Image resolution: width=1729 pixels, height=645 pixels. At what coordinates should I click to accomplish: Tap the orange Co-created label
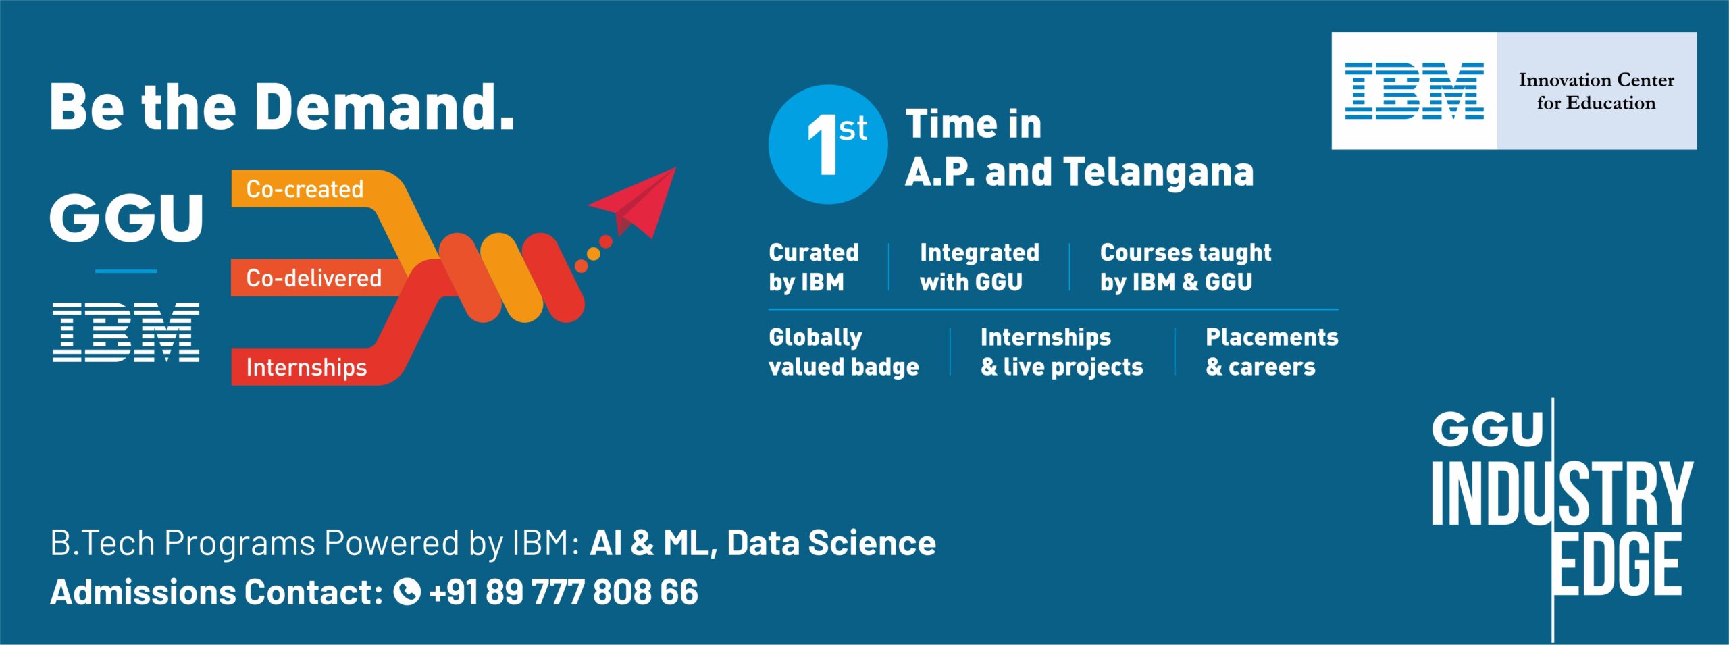tap(305, 189)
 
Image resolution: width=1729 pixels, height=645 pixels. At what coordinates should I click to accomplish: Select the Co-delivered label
tap(313, 278)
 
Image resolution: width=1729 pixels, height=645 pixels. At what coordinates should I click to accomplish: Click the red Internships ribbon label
tap(307, 367)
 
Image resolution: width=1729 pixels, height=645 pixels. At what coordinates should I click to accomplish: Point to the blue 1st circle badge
tap(828, 144)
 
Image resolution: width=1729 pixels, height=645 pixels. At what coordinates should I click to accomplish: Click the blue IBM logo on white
tap(1414, 91)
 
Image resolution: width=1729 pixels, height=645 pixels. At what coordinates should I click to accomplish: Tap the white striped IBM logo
tap(126, 332)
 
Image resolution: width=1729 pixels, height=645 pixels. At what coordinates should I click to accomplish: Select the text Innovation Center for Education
tap(1597, 91)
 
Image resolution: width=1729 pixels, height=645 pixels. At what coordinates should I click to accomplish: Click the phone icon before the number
tap(407, 592)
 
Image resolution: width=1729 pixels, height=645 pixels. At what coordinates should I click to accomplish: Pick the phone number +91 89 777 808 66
tap(563, 592)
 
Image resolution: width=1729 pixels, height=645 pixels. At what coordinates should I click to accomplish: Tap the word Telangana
tap(1158, 172)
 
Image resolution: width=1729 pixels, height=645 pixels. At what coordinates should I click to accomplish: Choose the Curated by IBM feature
tap(814, 267)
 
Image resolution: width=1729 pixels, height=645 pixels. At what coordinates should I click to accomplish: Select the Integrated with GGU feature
tap(979, 267)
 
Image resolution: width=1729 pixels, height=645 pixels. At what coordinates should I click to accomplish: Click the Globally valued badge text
tap(844, 352)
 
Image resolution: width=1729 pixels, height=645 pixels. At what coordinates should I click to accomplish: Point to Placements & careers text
tap(1272, 352)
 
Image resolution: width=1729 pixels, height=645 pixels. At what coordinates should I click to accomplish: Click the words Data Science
tap(831, 543)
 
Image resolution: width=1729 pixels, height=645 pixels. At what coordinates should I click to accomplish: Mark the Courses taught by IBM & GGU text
tap(1185, 267)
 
